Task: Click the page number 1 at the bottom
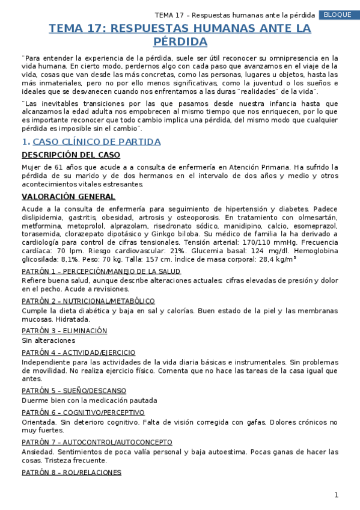coord(337,495)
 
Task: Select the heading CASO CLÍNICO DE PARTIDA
coord(96,142)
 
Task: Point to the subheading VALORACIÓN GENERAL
coord(69,197)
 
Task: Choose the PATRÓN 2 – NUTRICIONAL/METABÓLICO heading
coord(88,301)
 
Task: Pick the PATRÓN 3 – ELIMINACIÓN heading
coord(64,331)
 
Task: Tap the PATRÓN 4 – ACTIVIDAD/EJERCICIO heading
coord(79,352)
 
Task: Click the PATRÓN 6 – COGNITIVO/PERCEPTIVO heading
coord(83,413)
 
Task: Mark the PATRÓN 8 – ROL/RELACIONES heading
coord(72,472)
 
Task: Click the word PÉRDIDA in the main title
coord(180,42)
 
